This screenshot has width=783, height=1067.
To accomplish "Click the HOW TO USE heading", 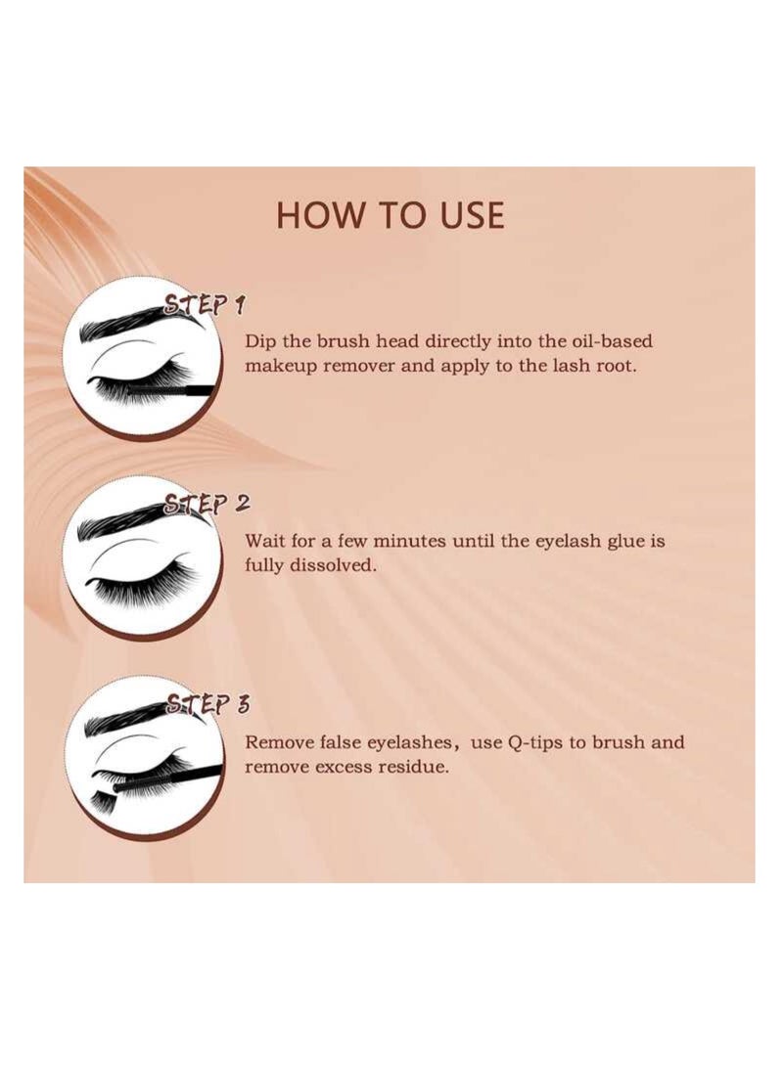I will pos(390,215).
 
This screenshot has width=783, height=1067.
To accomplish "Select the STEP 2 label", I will pos(206,505).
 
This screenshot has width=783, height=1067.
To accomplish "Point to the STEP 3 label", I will pos(207,704).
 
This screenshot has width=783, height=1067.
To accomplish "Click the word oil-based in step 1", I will pos(608,341).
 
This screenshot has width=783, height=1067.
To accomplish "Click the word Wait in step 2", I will pos(265,541).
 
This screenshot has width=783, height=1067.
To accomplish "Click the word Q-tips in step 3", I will pos(534,741).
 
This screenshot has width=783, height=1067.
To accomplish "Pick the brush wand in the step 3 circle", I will pos(166,778).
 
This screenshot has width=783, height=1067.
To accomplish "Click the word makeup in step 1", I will pos(280,367).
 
